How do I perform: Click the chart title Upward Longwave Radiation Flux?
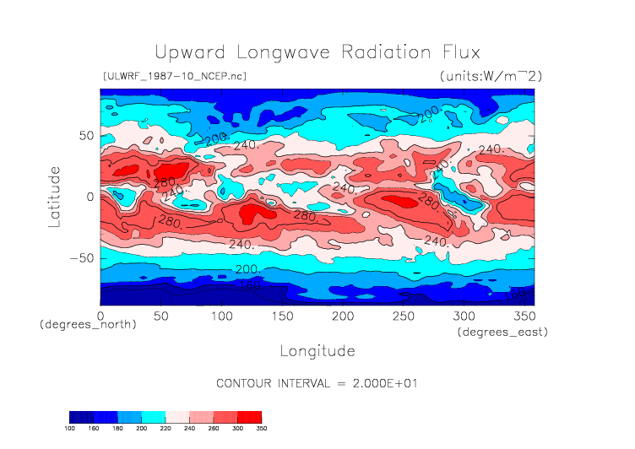click(x=317, y=51)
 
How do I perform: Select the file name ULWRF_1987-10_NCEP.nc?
click(x=174, y=77)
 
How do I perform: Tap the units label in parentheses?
click(x=491, y=77)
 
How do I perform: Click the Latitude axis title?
click(x=55, y=197)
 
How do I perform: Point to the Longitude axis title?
click(x=317, y=350)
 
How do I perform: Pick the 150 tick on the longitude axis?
click(x=281, y=315)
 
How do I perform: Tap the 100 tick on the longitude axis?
click(x=220, y=315)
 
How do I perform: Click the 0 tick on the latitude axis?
click(x=90, y=197)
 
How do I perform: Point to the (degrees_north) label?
click(x=88, y=324)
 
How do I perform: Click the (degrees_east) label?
click(x=503, y=333)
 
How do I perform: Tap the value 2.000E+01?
click(x=384, y=382)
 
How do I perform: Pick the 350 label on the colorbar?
click(x=260, y=429)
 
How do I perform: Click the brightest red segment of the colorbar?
click(x=250, y=417)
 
